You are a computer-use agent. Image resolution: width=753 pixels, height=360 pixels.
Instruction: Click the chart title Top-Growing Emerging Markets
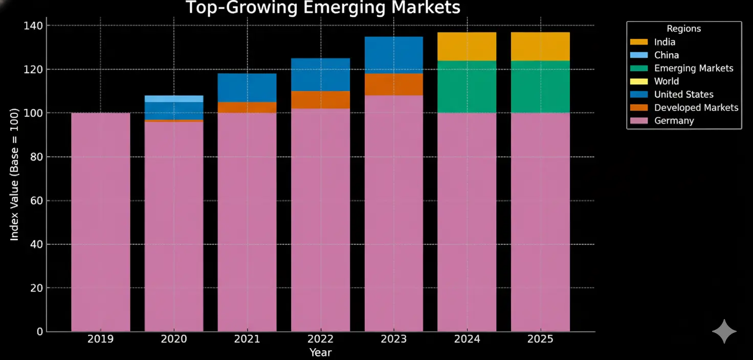click(323, 8)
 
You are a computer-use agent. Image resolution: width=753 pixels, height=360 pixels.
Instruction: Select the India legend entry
click(665, 42)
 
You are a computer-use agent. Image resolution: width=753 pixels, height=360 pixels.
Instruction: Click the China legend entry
click(666, 55)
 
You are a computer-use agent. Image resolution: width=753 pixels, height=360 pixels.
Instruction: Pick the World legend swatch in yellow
click(639, 81)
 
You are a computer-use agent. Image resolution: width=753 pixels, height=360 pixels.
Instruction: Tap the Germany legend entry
click(674, 121)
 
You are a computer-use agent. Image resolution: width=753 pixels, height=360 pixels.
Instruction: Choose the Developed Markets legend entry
click(696, 107)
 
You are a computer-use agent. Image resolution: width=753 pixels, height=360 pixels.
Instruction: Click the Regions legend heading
click(683, 29)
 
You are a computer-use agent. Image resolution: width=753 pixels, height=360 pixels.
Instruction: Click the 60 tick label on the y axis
click(34, 200)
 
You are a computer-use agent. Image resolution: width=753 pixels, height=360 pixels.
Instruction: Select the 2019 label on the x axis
click(100, 339)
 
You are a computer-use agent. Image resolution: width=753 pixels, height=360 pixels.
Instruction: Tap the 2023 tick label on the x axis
click(394, 339)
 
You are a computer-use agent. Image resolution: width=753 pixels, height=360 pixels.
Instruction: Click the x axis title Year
click(320, 352)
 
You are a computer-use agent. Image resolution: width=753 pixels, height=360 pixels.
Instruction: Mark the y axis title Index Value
click(14, 174)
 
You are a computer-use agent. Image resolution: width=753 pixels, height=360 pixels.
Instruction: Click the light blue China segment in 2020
click(174, 99)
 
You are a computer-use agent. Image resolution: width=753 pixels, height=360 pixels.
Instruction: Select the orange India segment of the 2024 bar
click(467, 47)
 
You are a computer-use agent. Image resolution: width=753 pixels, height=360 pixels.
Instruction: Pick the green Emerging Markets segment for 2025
click(540, 87)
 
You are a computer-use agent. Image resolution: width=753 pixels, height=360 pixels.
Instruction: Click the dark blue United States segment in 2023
click(394, 55)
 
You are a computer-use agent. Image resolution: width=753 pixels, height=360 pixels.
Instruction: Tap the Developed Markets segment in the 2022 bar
click(321, 100)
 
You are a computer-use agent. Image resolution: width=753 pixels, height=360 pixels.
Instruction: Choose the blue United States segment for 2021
click(247, 87)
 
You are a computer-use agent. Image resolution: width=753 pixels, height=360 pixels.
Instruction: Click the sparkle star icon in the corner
click(724, 331)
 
